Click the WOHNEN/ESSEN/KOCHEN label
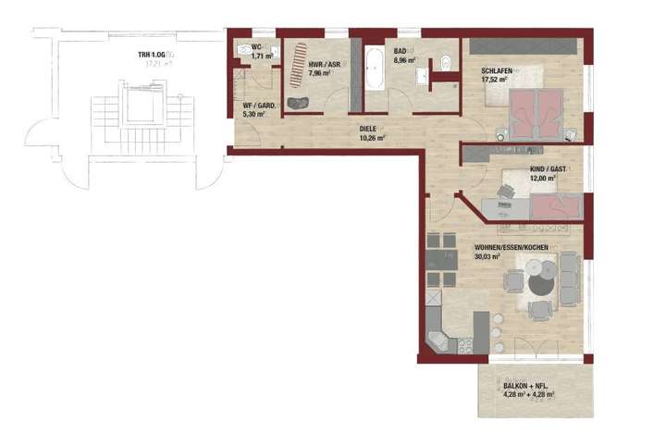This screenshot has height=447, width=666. click(512, 248)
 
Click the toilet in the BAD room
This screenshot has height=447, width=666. click(445, 64)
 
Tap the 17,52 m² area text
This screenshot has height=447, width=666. click(497, 80)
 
